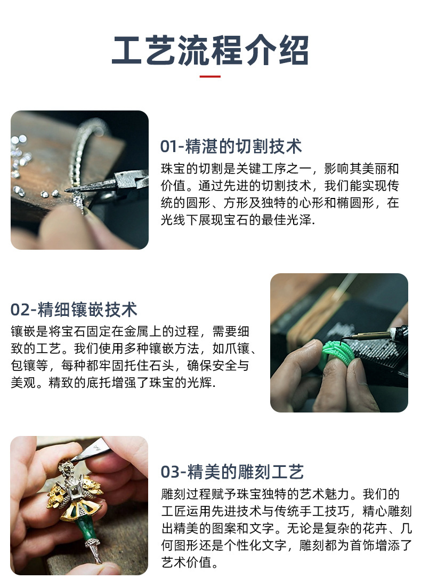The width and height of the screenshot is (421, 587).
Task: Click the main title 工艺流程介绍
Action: coord(210,51)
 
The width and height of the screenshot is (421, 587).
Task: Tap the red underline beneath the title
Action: coord(210,76)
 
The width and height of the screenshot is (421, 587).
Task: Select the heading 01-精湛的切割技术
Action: coord(231,146)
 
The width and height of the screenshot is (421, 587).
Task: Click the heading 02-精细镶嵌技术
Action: coord(74,310)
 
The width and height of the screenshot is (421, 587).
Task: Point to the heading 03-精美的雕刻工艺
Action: coord(232,472)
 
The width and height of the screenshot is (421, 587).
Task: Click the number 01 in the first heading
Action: coord(168,146)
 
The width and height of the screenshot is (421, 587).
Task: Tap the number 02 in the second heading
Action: coord(19,310)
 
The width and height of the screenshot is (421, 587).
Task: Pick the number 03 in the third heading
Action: coord(169,472)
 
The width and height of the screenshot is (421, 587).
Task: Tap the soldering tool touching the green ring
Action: coord(373,335)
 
